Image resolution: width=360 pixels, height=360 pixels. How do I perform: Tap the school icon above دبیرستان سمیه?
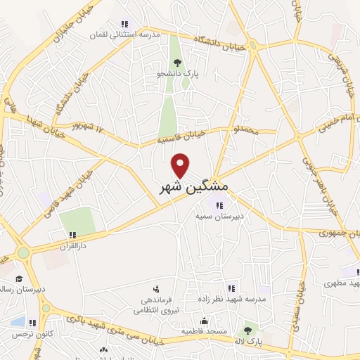[x=219, y=206]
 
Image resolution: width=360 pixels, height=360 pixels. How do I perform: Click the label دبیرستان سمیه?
[x=220, y=217]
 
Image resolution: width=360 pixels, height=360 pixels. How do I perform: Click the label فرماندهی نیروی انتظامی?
[x=157, y=304]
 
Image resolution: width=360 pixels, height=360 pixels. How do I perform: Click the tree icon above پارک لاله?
[x=247, y=328]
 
